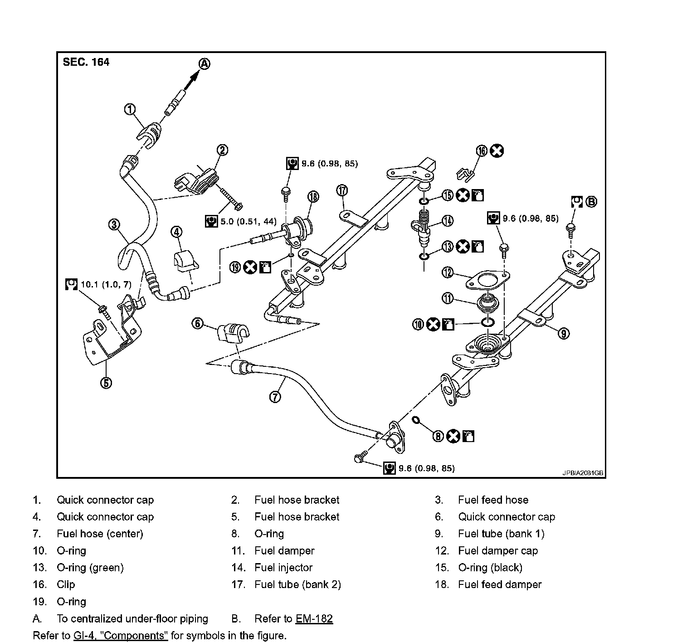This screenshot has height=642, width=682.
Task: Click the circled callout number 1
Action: [x=130, y=109]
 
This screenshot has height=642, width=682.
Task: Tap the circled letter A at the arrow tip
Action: [x=205, y=64]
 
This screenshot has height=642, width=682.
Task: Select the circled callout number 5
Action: [x=106, y=383]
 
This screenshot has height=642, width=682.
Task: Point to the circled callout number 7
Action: [x=275, y=397]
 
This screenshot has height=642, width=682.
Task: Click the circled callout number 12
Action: [x=448, y=272]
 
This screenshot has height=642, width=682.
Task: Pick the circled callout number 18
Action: [x=313, y=196]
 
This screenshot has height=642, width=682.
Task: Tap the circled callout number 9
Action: [x=563, y=334]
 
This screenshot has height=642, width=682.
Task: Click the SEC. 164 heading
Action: [x=86, y=62]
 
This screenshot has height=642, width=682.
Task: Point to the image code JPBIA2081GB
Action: [x=583, y=472]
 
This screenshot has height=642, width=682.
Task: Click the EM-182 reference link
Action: [x=314, y=619]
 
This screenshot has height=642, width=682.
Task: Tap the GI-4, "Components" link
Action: [x=121, y=636]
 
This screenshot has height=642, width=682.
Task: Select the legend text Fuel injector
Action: [x=283, y=568]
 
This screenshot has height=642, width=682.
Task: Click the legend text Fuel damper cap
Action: [x=497, y=551]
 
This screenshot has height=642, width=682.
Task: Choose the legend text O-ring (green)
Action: [x=90, y=568]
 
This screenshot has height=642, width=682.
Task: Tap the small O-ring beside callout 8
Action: [x=415, y=420]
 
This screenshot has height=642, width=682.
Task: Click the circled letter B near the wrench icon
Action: [x=591, y=202]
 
